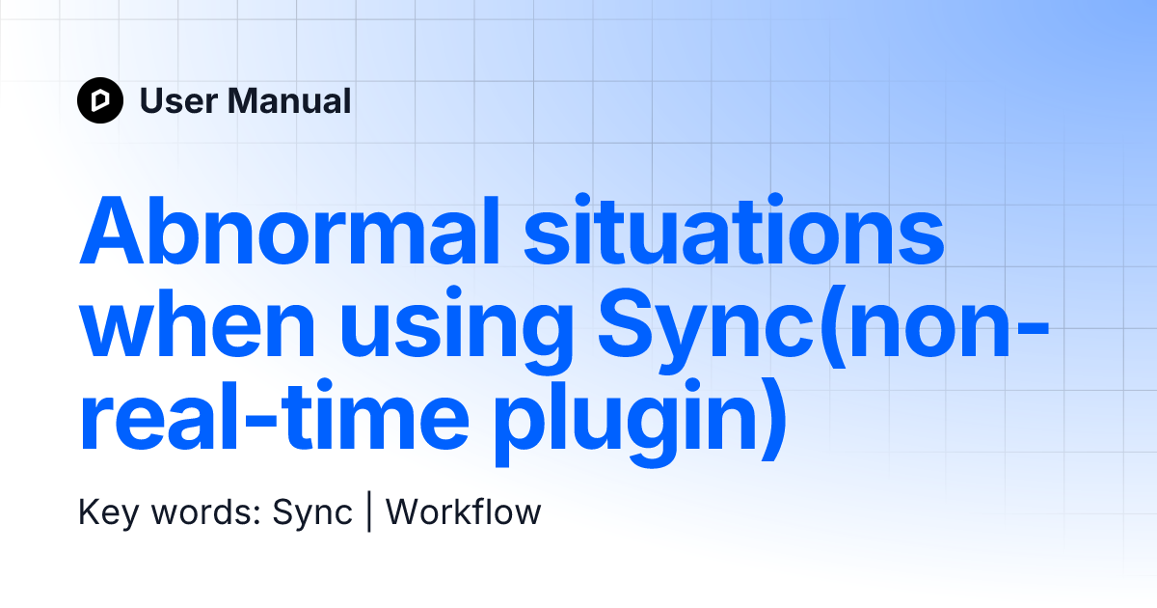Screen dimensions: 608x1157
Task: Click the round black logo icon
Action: point(100,100)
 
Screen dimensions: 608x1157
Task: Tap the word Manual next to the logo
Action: point(290,100)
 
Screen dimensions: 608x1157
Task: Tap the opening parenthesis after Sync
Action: point(815,328)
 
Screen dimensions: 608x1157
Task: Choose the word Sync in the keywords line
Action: point(312,512)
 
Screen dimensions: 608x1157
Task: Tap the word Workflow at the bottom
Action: point(464,512)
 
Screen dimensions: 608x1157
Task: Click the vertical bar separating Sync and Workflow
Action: point(369,512)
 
